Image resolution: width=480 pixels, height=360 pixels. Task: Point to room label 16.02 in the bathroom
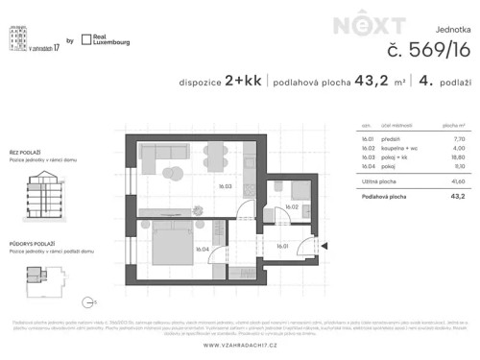[293, 206]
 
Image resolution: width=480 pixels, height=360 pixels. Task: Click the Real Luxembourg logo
[106, 40]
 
